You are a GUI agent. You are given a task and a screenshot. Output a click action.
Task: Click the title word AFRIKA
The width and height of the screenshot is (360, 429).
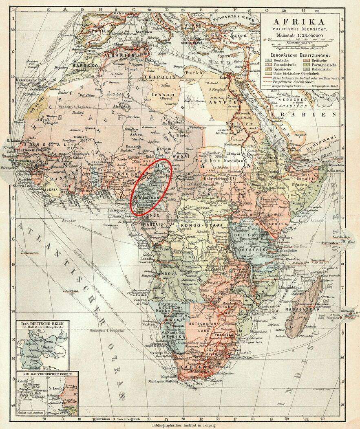(300, 22)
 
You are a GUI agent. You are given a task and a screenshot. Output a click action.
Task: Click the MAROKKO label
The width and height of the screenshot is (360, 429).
(85, 65)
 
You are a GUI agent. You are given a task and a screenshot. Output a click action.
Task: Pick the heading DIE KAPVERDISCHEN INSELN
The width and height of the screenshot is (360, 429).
(42, 374)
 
